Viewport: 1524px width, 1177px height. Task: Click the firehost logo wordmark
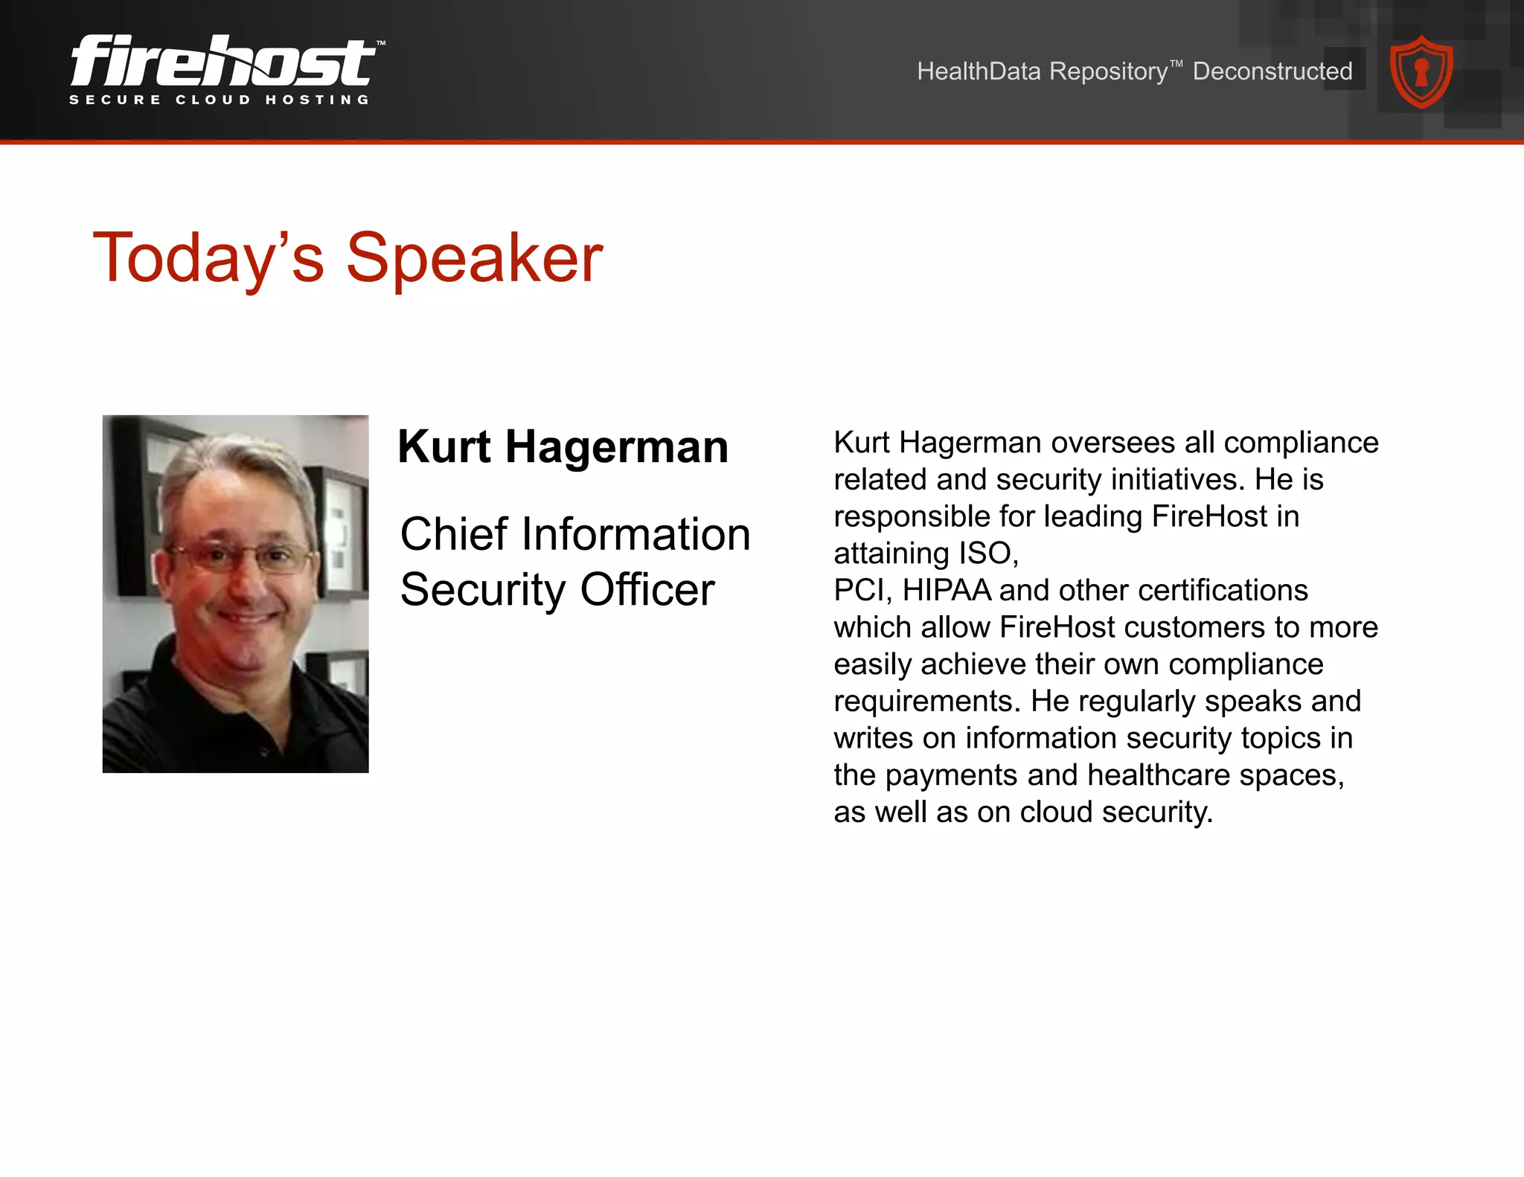223,61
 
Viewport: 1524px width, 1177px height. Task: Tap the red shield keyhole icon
1421,72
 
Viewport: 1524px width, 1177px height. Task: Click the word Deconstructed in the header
1272,71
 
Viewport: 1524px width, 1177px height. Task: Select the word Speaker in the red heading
474,258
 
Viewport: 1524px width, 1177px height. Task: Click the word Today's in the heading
208,258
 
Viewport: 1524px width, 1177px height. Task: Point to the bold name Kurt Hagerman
563,447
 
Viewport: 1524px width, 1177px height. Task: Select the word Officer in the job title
647,590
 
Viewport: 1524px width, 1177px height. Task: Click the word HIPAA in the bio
947,591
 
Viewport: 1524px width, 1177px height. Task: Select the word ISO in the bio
985,554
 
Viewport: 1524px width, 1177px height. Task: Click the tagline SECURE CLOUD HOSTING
220,100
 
